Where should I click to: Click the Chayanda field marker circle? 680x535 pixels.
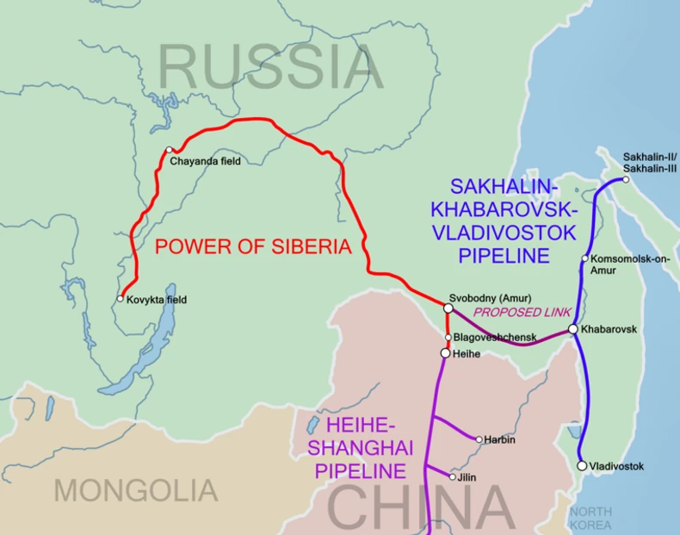click(x=170, y=149)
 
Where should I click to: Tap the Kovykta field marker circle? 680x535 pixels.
click(x=121, y=299)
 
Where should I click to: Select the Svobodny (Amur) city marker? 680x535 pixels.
click(x=448, y=308)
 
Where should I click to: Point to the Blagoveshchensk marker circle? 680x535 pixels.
click(x=448, y=337)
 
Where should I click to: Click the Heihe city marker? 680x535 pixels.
click(x=445, y=353)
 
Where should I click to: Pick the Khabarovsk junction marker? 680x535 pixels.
click(x=572, y=329)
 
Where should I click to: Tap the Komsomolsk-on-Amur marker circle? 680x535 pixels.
click(x=584, y=258)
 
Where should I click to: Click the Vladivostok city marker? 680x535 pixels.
click(x=582, y=465)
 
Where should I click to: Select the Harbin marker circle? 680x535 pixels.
click(x=479, y=439)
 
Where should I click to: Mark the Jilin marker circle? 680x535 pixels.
click(x=453, y=476)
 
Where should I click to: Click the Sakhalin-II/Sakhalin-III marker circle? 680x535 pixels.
click(x=626, y=179)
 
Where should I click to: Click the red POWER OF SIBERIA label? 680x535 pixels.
click(x=254, y=247)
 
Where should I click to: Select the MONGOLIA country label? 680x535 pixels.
click(x=136, y=491)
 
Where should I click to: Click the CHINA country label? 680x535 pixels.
click(x=422, y=508)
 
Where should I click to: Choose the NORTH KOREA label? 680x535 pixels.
click(x=590, y=518)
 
